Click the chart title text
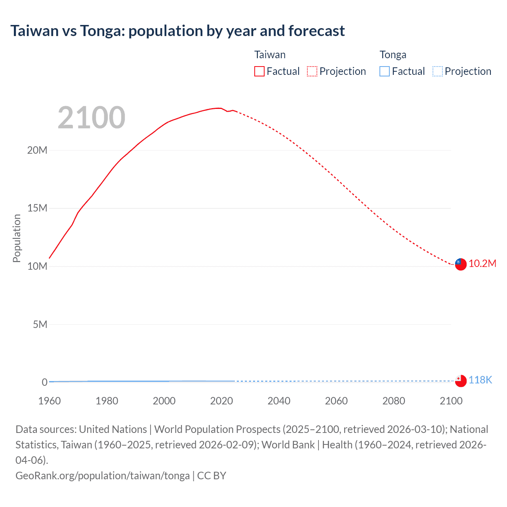(177, 31)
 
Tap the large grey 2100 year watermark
(91, 118)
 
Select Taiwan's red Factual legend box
(259, 71)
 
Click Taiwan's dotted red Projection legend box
(312, 71)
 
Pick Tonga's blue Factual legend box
(384, 71)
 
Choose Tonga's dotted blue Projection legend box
(437, 71)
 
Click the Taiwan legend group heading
(270, 55)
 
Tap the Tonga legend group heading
(393, 55)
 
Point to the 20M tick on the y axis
(37, 150)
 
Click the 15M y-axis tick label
(37, 208)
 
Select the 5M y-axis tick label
(40, 324)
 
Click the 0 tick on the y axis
(44, 382)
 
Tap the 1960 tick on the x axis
(50, 401)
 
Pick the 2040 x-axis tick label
(279, 401)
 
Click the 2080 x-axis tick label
(394, 401)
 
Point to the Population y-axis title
(17, 238)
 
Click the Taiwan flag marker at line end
(460, 264)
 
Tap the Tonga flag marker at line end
(460, 381)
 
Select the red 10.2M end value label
(482, 264)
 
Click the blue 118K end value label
(480, 380)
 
